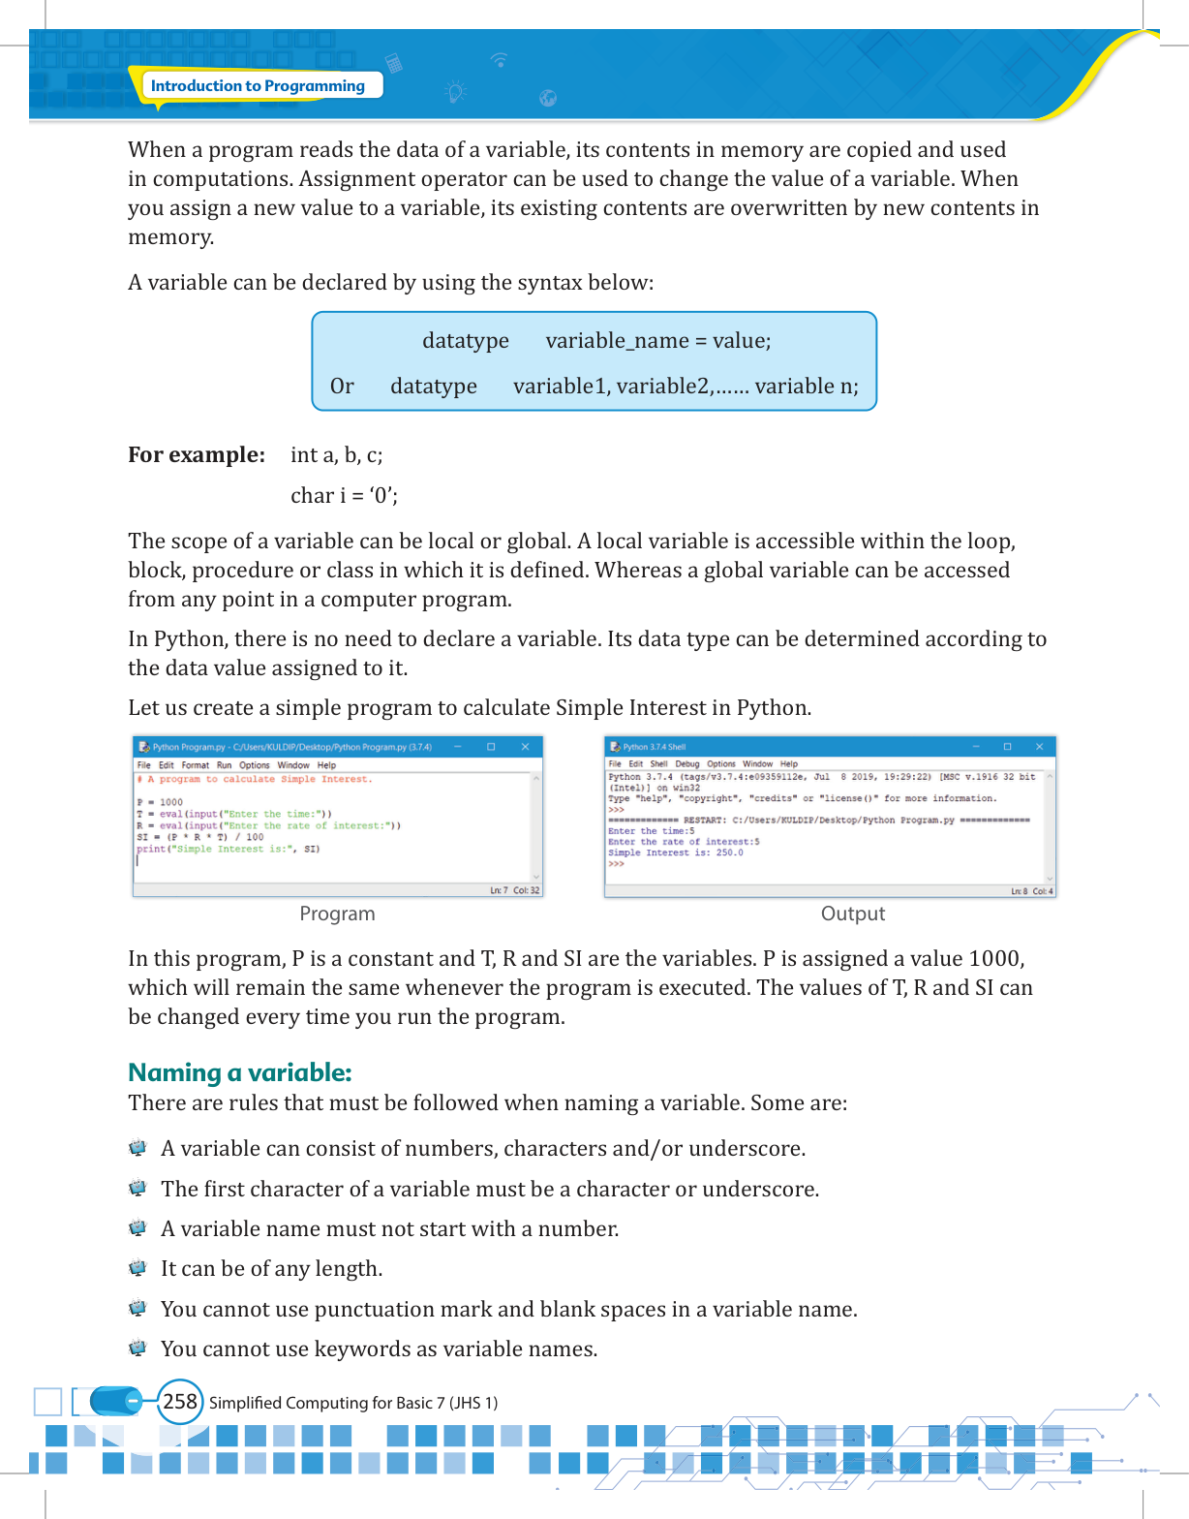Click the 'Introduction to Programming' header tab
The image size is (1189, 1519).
click(x=258, y=85)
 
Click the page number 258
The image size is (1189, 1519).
click(x=180, y=1402)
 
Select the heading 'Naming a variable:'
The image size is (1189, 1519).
click(x=240, y=1072)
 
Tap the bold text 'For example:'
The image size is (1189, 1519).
click(x=197, y=455)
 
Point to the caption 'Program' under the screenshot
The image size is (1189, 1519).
click(x=337, y=914)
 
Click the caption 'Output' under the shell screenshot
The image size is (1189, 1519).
click(x=852, y=914)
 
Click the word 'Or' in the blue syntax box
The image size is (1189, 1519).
click(x=342, y=387)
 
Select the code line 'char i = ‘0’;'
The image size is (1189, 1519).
click(x=344, y=496)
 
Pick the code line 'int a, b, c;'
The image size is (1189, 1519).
click(x=336, y=455)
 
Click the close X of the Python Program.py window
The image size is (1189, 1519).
click(x=525, y=747)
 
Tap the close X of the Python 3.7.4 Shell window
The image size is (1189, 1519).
click(x=1039, y=747)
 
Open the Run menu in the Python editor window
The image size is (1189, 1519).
click(x=224, y=765)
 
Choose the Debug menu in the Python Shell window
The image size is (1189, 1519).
click(x=686, y=764)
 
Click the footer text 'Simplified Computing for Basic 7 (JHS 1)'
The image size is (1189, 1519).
click(x=353, y=1403)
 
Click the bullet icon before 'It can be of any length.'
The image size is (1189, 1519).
click(x=137, y=1268)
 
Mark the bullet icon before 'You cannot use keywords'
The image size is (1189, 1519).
click(x=137, y=1348)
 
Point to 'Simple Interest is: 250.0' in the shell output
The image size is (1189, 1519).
click(x=676, y=852)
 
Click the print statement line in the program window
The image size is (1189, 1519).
click(x=229, y=849)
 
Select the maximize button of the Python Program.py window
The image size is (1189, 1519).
click(x=491, y=747)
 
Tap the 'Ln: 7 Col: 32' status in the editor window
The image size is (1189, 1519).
click(x=514, y=890)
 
